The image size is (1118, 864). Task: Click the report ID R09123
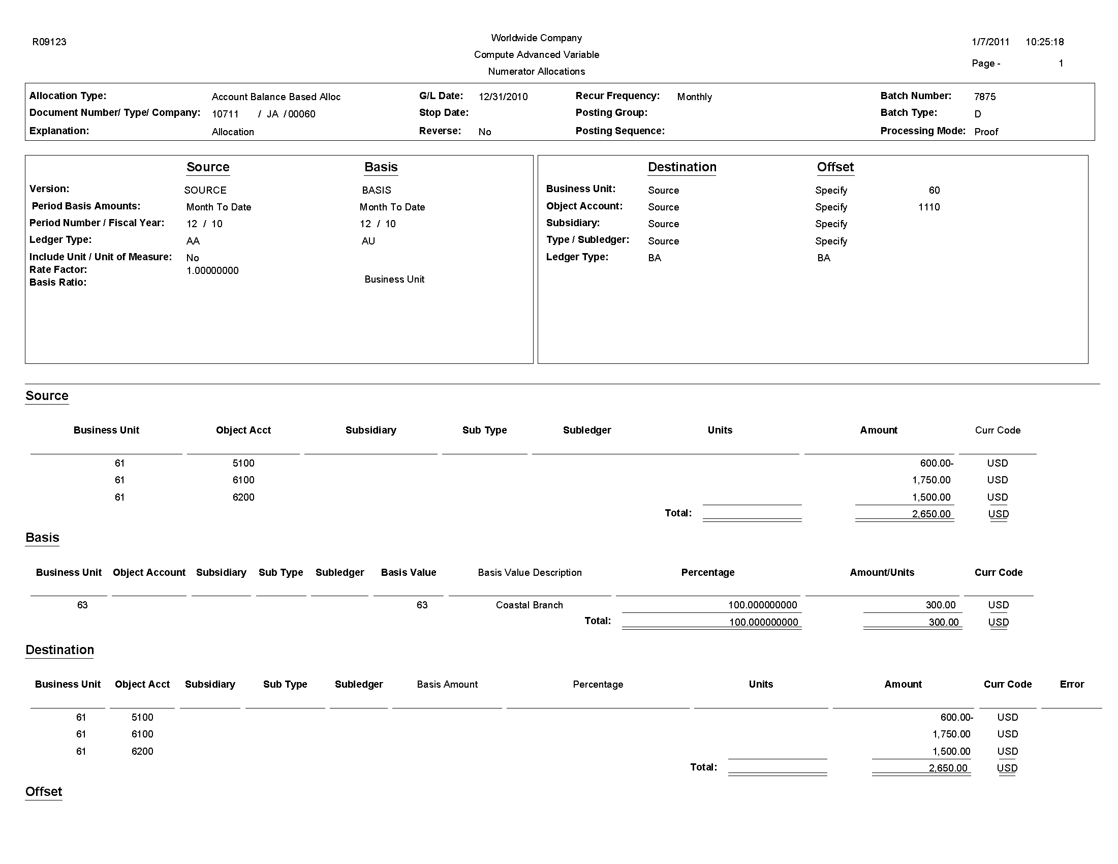point(49,42)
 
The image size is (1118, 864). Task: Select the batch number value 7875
point(984,97)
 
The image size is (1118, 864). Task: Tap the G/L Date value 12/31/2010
point(503,97)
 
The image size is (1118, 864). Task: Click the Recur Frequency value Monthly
point(694,97)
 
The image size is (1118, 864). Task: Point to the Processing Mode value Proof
point(986,132)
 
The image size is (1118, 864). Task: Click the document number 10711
point(225,114)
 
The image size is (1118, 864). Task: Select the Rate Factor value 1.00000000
point(212,270)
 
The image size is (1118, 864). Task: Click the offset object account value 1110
point(928,207)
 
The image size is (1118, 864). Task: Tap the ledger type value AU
point(368,241)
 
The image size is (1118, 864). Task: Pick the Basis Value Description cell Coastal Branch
point(530,605)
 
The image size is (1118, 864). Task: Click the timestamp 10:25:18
point(1044,42)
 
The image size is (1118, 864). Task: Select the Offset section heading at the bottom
point(44,791)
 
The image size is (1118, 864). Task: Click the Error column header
point(1071,685)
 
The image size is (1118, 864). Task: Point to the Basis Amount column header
point(447,685)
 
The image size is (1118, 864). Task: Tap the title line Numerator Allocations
point(536,72)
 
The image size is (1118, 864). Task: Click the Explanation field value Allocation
point(233,132)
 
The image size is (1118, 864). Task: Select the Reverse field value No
point(484,132)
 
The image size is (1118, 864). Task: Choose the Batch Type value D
point(977,114)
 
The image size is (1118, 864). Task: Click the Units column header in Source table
point(720,430)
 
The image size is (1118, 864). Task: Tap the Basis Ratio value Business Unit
point(394,279)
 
